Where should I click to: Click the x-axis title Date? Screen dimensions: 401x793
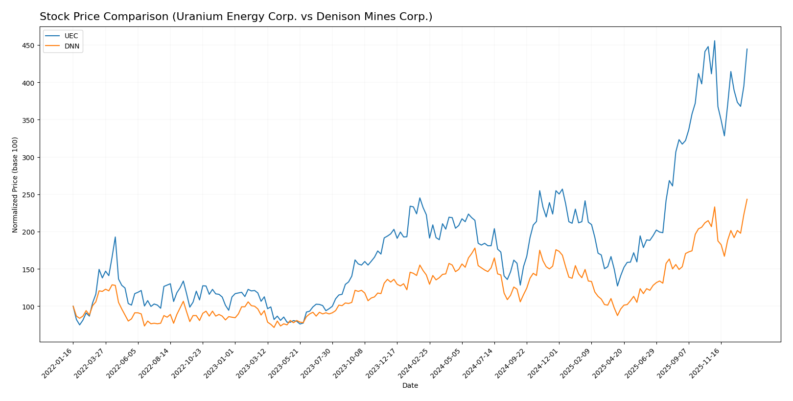(410, 386)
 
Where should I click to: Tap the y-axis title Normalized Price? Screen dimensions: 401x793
(15, 185)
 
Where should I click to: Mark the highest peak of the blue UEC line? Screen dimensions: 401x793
(714, 41)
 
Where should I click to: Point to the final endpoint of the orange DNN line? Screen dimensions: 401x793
(747, 199)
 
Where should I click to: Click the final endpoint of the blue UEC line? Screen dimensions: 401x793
(747, 48)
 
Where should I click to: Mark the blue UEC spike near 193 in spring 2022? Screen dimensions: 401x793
(115, 237)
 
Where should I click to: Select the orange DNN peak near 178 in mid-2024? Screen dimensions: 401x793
(474, 248)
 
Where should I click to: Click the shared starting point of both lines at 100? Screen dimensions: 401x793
(73, 307)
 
